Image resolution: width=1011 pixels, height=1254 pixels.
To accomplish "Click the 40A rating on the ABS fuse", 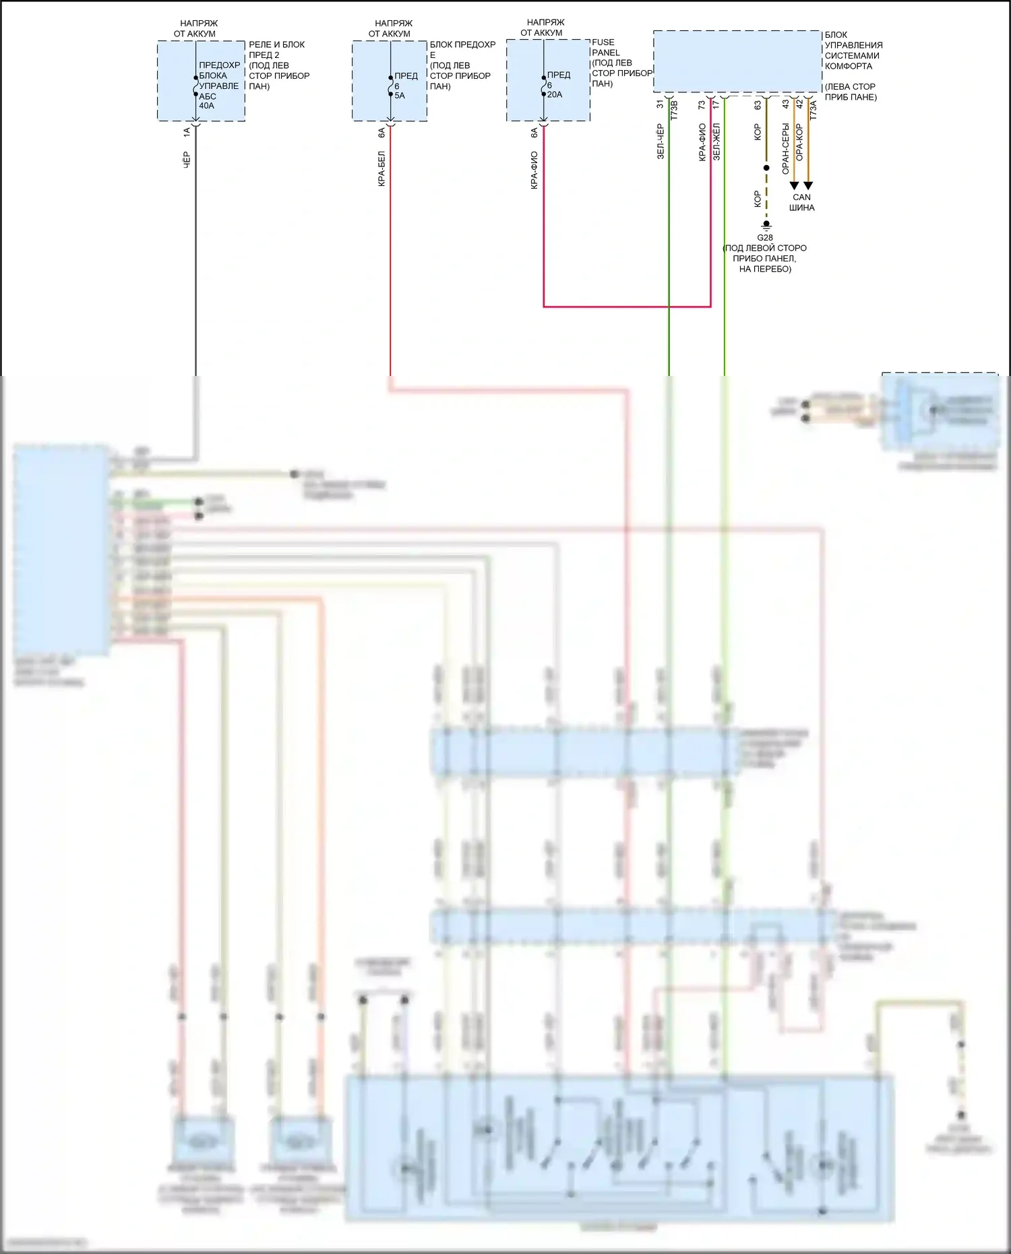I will [206, 106].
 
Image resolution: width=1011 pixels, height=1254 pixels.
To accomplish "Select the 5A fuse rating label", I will [400, 96].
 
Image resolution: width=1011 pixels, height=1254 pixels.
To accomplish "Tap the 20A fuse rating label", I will [555, 95].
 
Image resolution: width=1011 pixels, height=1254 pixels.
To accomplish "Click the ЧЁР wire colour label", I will [187, 160].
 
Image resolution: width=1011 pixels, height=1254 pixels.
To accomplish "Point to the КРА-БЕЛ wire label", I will [381, 168].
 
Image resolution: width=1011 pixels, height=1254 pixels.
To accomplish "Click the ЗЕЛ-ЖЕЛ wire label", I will [716, 141].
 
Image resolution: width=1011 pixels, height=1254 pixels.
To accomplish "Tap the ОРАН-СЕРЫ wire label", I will [785, 148].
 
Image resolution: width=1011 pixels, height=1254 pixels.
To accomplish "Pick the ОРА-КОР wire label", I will [799, 142].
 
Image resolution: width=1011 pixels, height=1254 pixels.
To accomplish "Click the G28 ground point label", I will [765, 238].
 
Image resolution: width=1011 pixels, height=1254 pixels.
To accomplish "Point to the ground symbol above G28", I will [766, 225].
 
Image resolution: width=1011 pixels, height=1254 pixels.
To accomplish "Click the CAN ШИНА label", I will [801, 202].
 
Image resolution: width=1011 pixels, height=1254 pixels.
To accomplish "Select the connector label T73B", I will [674, 112].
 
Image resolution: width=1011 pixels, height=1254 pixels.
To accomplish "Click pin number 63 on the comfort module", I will [758, 105].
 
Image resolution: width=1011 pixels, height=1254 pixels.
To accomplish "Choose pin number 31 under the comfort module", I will [660, 104].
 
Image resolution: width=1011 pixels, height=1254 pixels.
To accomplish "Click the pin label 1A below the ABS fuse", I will [187, 133].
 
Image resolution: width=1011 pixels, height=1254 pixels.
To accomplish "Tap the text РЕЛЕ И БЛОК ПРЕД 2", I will [276, 49].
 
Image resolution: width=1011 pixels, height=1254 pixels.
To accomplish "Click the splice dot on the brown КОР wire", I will [766, 168].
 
